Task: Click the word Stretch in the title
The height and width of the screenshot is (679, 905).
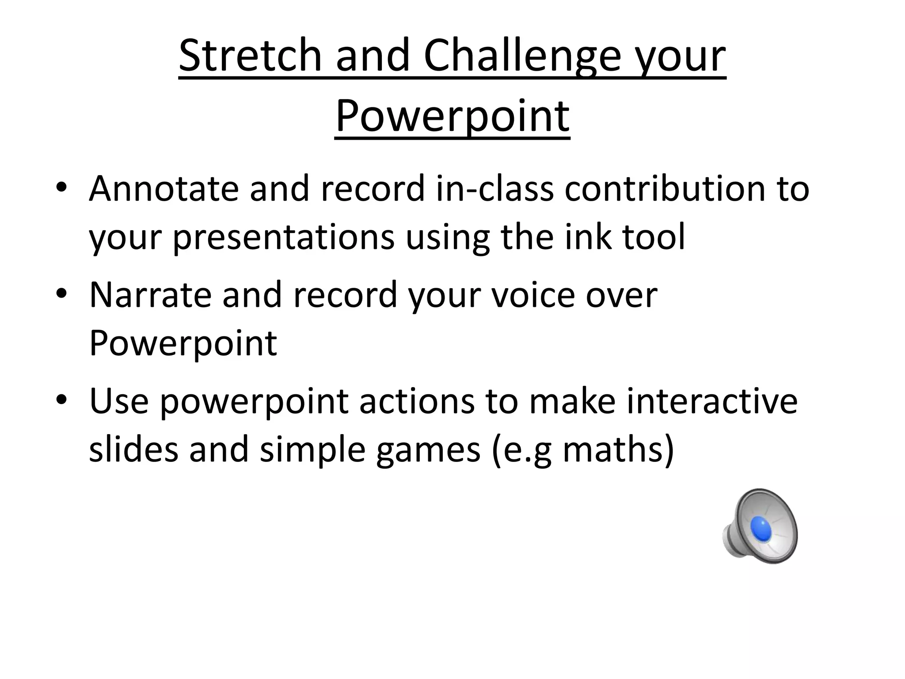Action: pos(250,56)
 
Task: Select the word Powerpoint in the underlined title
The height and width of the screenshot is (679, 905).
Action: pos(452,117)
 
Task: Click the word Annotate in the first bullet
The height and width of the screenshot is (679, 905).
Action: pos(164,189)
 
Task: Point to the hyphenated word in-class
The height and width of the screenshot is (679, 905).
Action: pos(494,189)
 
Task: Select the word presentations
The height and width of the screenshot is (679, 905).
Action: pos(283,238)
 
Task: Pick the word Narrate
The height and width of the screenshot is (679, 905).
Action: pos(150,295)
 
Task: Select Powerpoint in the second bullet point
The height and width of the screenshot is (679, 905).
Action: pos(183,344)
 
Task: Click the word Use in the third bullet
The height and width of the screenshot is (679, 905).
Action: pos(119,401)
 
